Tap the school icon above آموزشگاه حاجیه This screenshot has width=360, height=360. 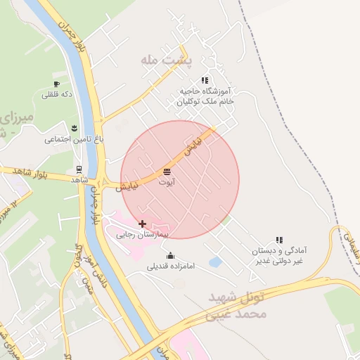click(205, 80)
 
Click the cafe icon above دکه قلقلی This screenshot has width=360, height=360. click(57, 84)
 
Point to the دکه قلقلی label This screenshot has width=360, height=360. click(58, 95)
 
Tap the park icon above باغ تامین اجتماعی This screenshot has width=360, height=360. click(75, 128)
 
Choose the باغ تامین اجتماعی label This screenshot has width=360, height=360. click(75, 139)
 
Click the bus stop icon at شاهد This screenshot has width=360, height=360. click(79, 169)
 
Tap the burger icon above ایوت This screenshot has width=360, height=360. click(167, 172)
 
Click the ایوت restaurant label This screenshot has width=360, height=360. click(166, 182)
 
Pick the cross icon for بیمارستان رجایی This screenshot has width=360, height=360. click(143, 224)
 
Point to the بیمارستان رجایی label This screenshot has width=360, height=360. click(143, 235)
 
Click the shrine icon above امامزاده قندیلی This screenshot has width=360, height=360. click(169, 256)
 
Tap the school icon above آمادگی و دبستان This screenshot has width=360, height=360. click(279, 240)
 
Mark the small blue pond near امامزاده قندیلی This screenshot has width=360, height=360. click(215, 262)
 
